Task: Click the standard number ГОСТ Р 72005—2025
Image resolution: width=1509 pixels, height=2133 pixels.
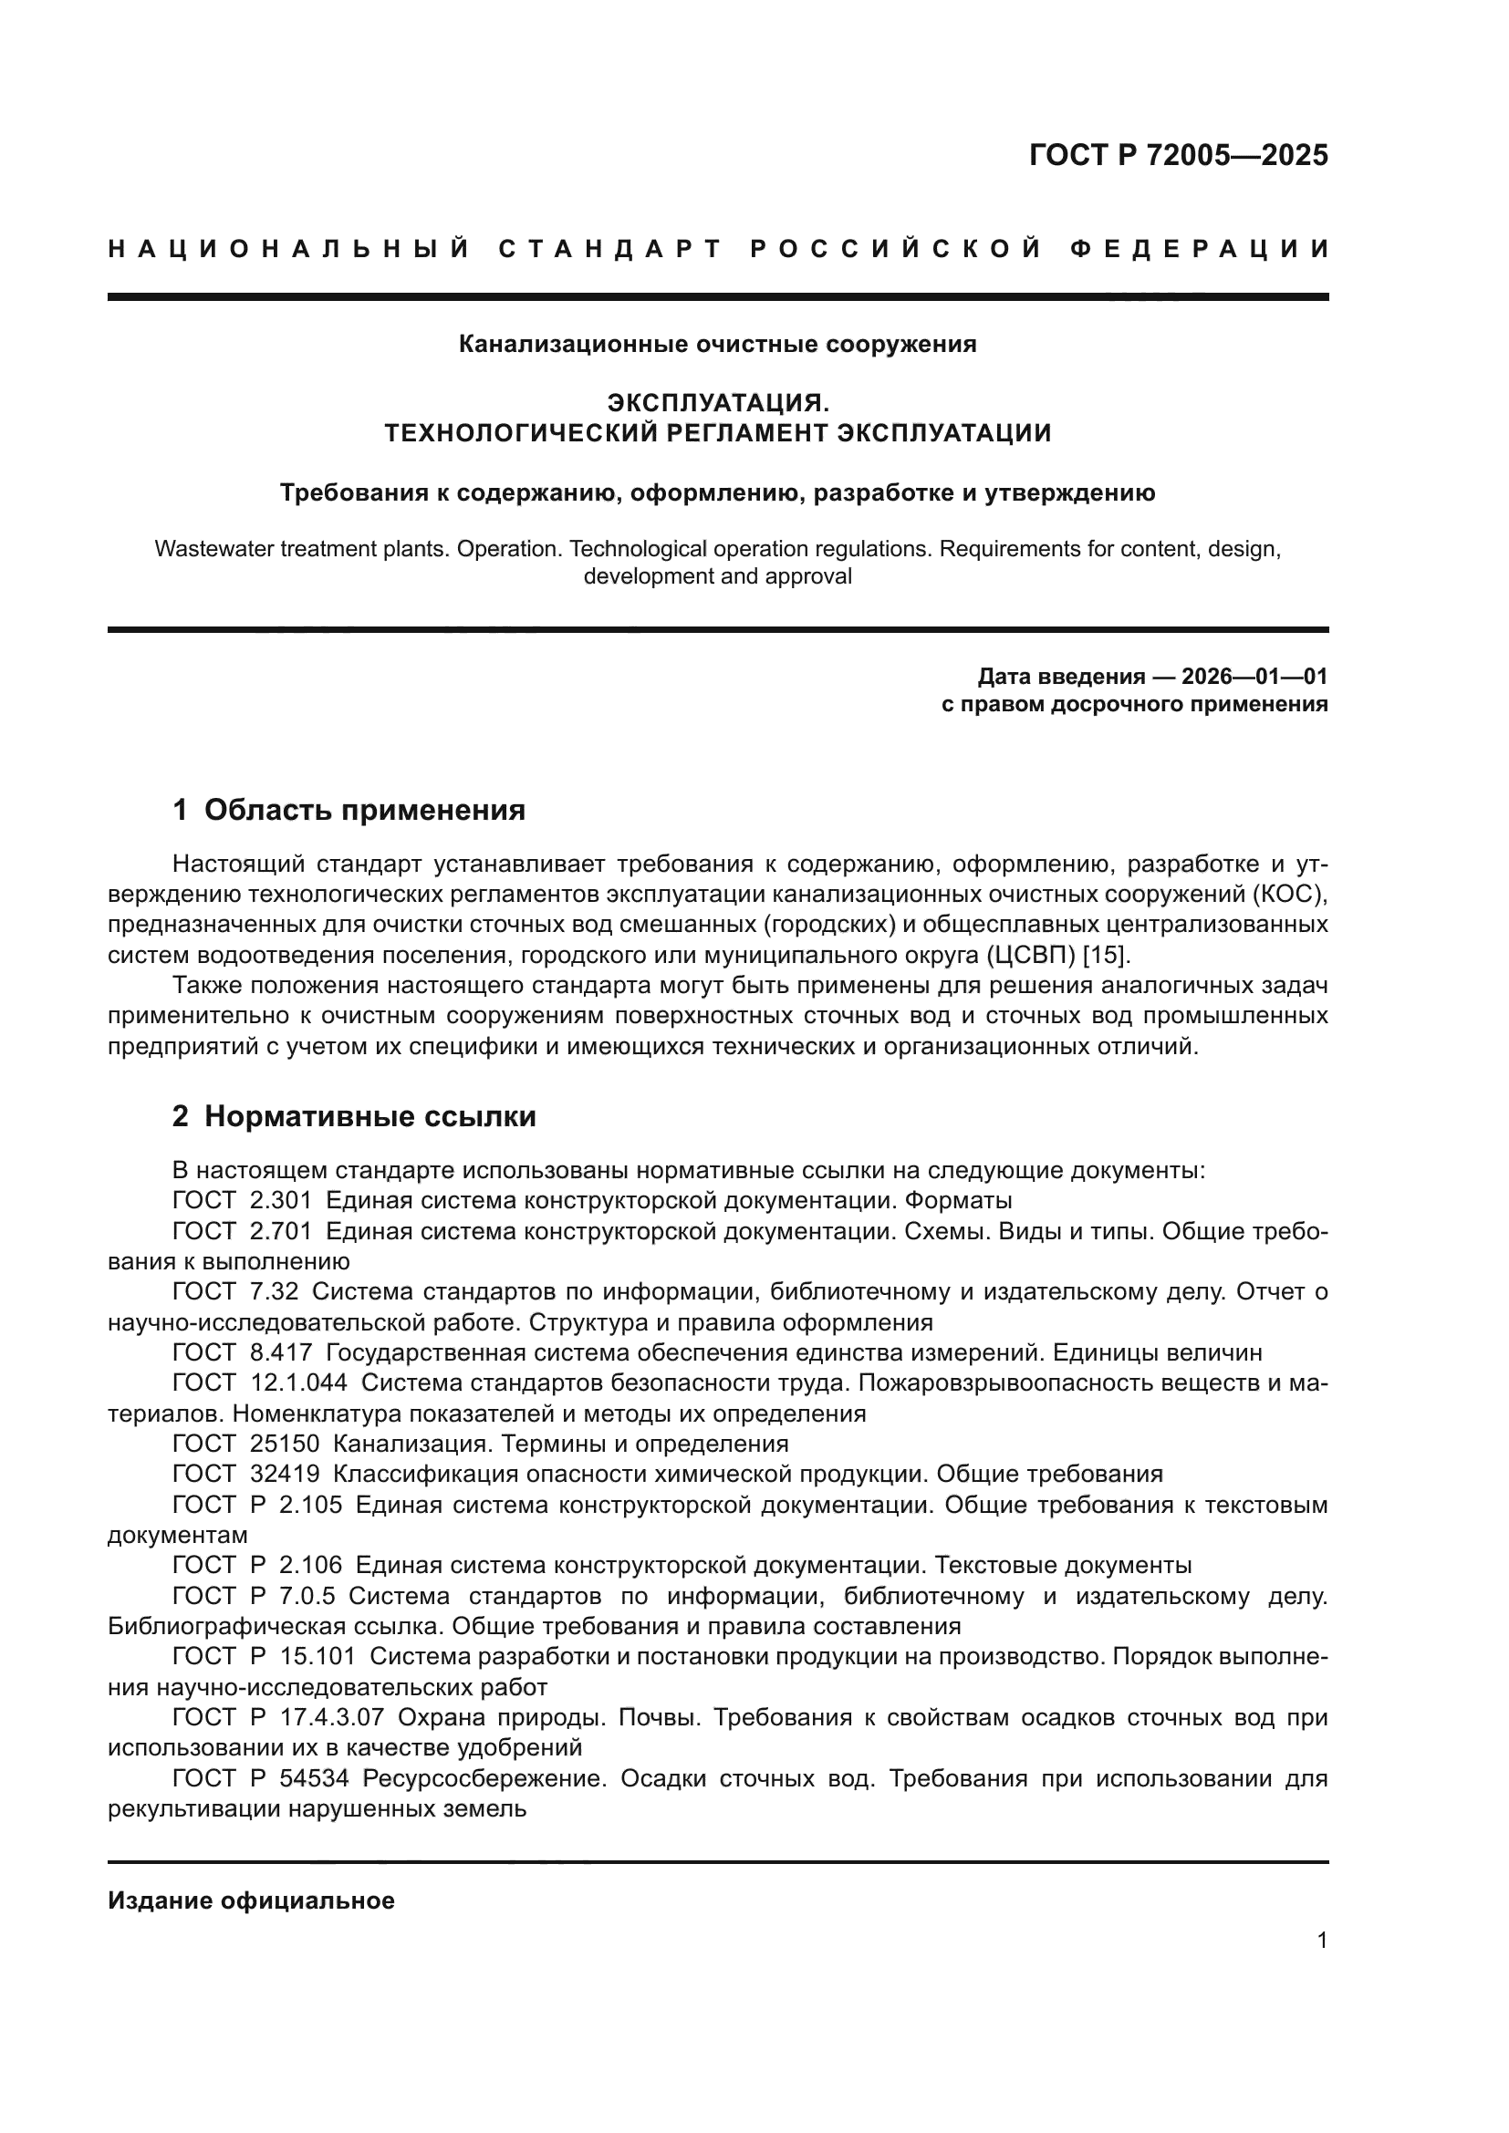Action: (x=1178, y=155)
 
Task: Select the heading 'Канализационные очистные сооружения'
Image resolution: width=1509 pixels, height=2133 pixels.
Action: (x=717, y=345)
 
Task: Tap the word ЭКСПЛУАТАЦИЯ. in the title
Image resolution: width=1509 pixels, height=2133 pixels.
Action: (x=717, y=403)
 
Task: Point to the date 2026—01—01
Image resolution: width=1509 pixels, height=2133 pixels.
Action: (x=1254, y=677)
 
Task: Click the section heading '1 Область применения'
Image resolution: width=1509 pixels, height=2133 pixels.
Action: (x=349, y=810)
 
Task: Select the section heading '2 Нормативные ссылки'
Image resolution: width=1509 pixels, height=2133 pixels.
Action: (x=354, y=1117)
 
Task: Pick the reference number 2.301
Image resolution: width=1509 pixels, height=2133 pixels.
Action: (x=281, y=1200)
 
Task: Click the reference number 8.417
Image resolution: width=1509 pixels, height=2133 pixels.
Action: (x=281, y=1352)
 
